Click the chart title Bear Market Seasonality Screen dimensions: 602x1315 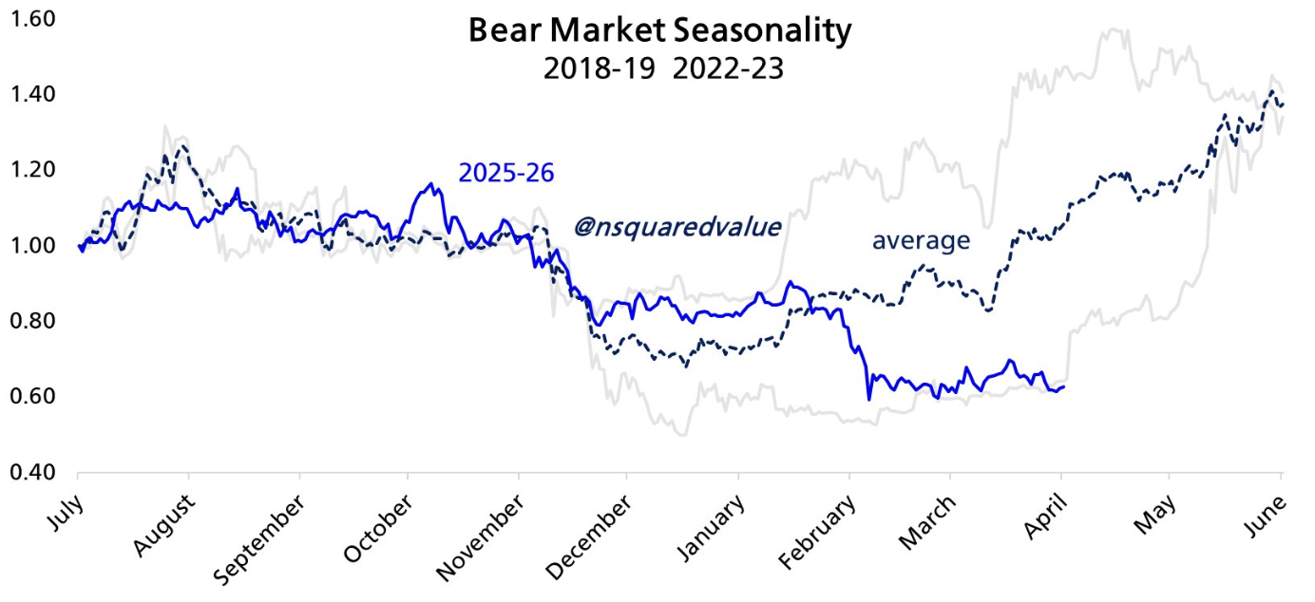coord(659,30)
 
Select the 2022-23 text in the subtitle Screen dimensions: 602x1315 coord(729,68)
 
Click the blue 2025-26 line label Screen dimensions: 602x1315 coord(506,173)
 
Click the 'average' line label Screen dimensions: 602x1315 coord(921,241)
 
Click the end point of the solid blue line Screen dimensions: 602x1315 coord(1063,386)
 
